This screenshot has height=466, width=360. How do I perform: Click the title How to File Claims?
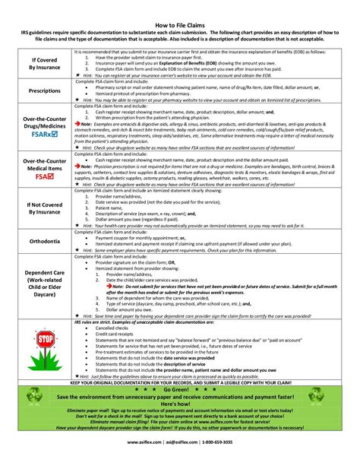pyautogui.click(x=180, y=25)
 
